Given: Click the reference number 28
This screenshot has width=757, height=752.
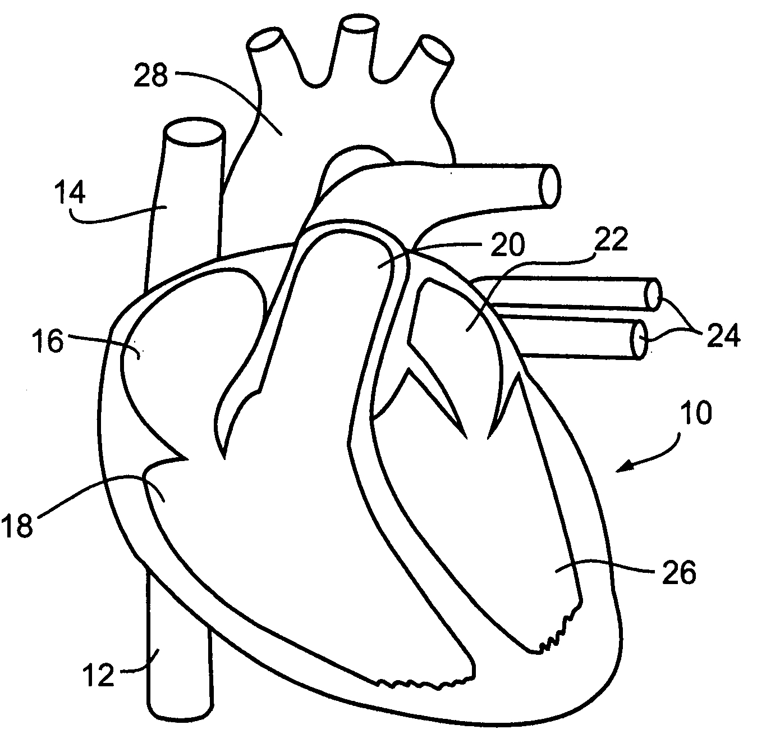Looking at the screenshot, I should (151, 76).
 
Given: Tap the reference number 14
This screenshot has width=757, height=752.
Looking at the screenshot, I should (70, 194).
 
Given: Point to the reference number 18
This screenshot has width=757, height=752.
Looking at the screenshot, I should (18, 527).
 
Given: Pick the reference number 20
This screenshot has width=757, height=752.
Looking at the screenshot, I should (507, 245).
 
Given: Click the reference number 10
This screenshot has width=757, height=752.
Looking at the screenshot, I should (695, 413).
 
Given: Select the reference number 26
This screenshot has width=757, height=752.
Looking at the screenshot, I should (678, 573).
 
